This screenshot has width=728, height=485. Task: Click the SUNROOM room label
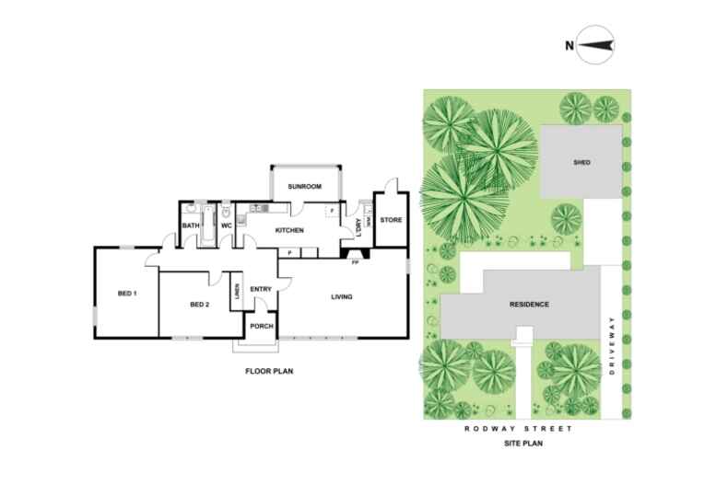304,188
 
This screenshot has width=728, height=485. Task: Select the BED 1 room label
127,294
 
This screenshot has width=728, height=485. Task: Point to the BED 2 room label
201,305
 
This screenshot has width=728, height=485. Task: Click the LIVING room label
343,296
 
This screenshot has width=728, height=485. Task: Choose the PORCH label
261,326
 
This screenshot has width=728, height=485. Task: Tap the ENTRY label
261,290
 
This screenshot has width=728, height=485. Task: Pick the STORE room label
391,220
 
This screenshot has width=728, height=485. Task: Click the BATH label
191,225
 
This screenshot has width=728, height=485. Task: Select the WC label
225,225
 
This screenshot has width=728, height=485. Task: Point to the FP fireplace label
354,262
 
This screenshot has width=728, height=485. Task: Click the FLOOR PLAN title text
268,372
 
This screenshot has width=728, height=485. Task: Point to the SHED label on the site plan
581,163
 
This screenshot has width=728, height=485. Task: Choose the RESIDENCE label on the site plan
529,305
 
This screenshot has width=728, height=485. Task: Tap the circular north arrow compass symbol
596,44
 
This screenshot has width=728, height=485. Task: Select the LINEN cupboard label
237,292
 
